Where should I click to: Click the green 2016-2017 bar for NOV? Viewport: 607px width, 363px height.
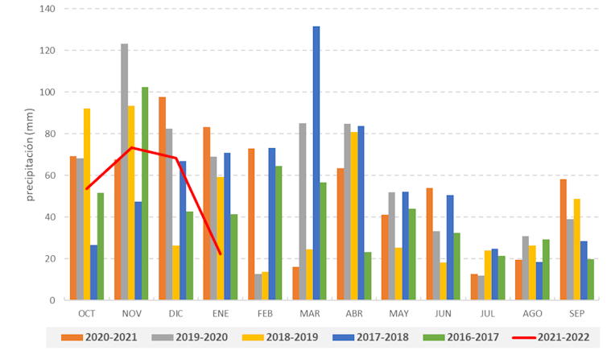145,193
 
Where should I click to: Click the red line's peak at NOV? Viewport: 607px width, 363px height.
131,147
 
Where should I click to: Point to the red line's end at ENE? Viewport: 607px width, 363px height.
221,254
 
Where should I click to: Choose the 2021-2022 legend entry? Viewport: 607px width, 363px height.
555,337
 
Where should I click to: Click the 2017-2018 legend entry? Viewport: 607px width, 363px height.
366,337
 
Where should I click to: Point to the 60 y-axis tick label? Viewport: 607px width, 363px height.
49,175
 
